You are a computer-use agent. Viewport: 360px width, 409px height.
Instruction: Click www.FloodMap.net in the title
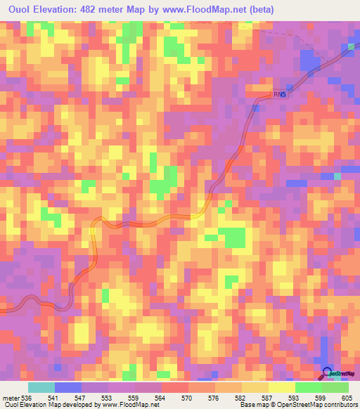(207, 10)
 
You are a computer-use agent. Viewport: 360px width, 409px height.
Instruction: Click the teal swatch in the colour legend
(41, 388)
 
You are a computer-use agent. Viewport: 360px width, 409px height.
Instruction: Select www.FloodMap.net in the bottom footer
(130, 404)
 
